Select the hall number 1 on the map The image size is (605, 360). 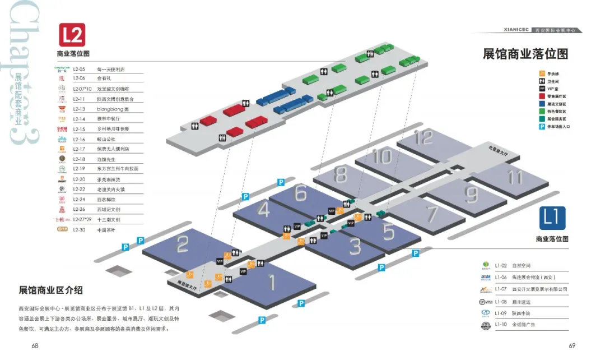point(272,282)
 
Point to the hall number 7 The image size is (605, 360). point(431,214)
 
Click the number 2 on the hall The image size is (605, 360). point(183,245)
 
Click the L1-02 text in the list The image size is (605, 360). point(501,265)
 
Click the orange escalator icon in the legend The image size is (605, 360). point(542,73)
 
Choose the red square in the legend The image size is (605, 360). point(542,96)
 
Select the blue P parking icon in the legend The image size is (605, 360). point(542,126)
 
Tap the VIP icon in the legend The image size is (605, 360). point(542,89)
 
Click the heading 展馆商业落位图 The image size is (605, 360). point(525,54)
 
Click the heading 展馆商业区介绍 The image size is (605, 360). point(51,290)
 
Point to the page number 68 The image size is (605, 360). point(35,345)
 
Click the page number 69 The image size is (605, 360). point(572,345)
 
